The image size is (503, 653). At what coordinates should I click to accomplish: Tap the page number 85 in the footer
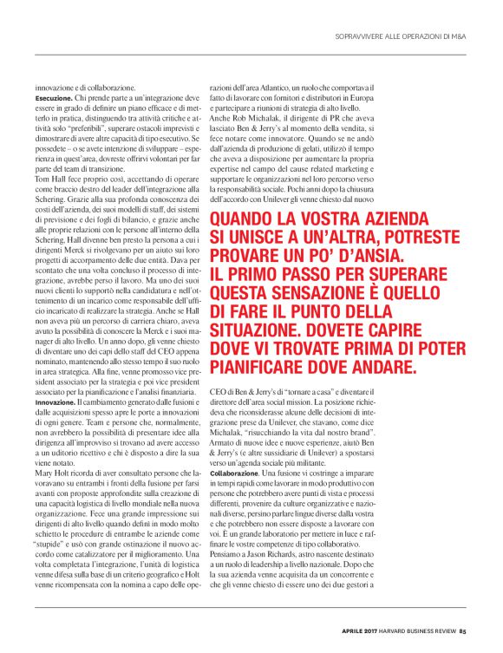tap(464, 630)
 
